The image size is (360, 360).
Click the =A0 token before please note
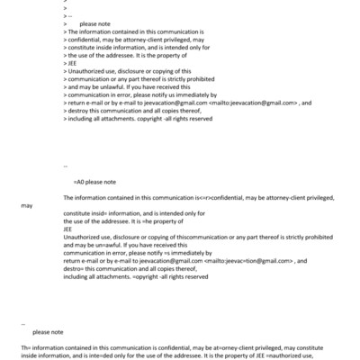(x=78, y=182)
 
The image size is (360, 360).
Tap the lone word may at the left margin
(x=27, y=205)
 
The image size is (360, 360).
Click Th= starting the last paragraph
(x=26, y=347)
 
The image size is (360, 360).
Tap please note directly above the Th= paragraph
(x=48, y=332)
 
